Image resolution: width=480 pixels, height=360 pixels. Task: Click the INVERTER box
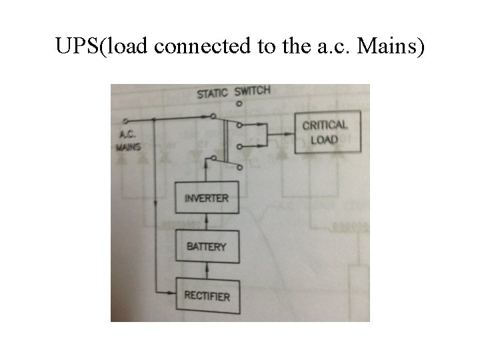[x=206, y=198]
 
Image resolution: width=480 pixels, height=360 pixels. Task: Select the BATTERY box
[x=206, y=247]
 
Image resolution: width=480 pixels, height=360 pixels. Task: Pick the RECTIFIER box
[x=206, y=295]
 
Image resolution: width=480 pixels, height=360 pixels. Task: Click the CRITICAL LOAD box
[x=325, y=132]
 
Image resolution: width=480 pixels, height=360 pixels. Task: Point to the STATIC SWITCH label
[x=233, y=92]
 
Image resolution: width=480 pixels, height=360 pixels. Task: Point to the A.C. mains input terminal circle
[x=126, y=121]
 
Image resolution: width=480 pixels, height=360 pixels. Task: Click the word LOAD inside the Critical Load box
[x=325, y=140]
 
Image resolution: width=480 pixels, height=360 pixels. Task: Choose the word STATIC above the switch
[x=213, y=93]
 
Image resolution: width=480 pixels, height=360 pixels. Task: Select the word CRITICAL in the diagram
[x=325, y=125]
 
